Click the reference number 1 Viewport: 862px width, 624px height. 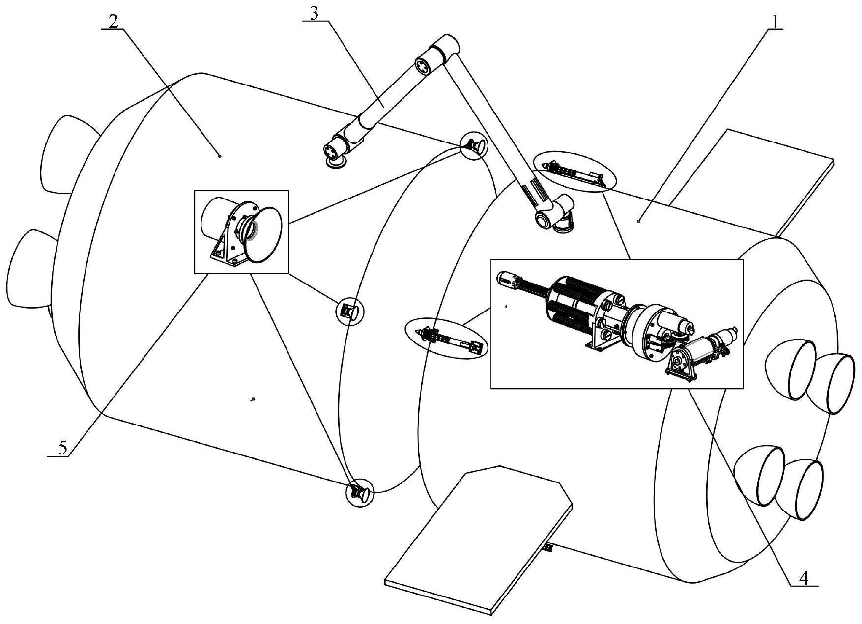click(x=776, y=22)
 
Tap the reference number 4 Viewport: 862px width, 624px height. click(x=804, y=578)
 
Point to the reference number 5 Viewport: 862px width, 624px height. click(x=62, y=448)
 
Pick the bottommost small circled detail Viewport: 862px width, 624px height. click(x=359, y=492)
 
